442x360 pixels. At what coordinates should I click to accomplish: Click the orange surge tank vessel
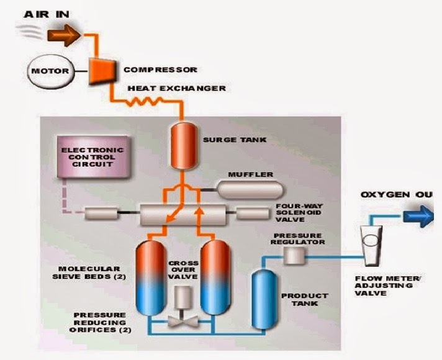[183, 144]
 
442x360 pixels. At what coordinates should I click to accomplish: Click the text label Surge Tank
[227, 140]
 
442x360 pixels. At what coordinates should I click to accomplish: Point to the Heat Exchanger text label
[176, 88]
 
